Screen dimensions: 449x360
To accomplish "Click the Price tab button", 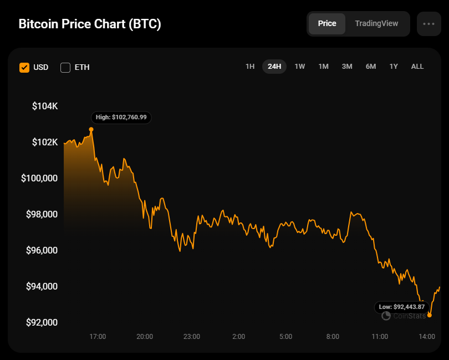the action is pos(326,23).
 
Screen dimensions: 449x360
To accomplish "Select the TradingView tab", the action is pos(376,23).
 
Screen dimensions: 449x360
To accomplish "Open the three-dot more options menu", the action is pos(428,24).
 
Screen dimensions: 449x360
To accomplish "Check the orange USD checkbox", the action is pos(24,68).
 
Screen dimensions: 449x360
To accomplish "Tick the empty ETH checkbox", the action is pos(65,68).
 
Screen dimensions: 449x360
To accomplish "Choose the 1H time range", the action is pos(250,67).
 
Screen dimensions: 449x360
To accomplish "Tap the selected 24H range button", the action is pos(274,67).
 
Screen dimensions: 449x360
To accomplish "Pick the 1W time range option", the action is pos(300,67).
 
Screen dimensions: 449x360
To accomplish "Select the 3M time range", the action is pos(347,67).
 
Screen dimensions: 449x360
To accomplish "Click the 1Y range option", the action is pos(394,67).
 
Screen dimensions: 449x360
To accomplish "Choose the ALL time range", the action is pos(417,67).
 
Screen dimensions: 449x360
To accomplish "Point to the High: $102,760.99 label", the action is pos(121,118).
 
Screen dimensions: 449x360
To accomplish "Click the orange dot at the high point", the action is pos(91,130).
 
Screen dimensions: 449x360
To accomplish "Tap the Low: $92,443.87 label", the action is pos(402,307).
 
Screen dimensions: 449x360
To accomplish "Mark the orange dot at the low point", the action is pos(429,315).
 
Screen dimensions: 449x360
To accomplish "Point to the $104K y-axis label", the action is pos(45,107).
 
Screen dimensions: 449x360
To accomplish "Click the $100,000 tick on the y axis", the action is pos(39,178).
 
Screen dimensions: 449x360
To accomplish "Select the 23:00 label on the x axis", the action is pos(192,337).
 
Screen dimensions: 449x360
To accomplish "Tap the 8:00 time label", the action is pos(333,337).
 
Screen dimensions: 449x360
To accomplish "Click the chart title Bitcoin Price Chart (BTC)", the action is pos(90,24).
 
